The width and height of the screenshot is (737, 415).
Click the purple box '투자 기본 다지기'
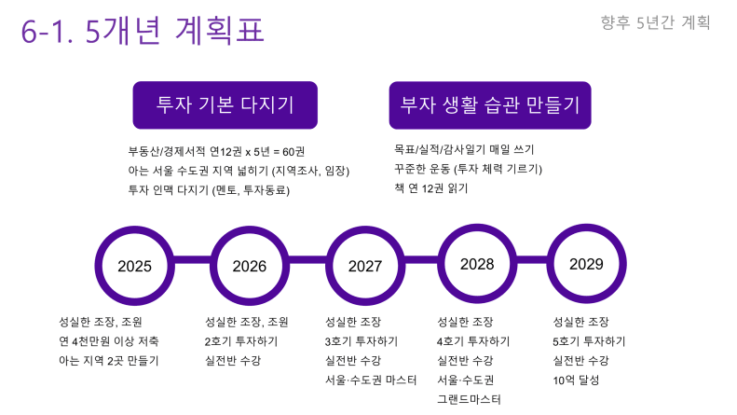[x=225, y=105]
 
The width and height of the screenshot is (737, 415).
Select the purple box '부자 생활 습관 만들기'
[x=490, y=105]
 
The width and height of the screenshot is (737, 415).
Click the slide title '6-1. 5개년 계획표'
[x=143, y=31]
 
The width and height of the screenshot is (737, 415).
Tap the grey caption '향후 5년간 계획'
[x=655, y=22]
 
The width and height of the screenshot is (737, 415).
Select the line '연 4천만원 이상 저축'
[x=109, y=341]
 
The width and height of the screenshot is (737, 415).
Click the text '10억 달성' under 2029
[x=576, y=380]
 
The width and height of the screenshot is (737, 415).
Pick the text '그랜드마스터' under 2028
[x=469, y=399]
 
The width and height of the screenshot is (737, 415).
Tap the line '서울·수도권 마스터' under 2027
[x=371, y=380]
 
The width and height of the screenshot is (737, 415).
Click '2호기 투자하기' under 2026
[x=241, y=341]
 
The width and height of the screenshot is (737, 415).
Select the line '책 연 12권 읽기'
[x=431, y=188]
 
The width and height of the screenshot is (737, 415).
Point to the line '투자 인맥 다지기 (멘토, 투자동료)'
[x=209, y=190]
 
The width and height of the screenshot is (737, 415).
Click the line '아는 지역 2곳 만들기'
[x=109, y=361]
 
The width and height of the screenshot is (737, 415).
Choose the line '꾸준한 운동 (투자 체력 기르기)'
[x=468, y=169]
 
